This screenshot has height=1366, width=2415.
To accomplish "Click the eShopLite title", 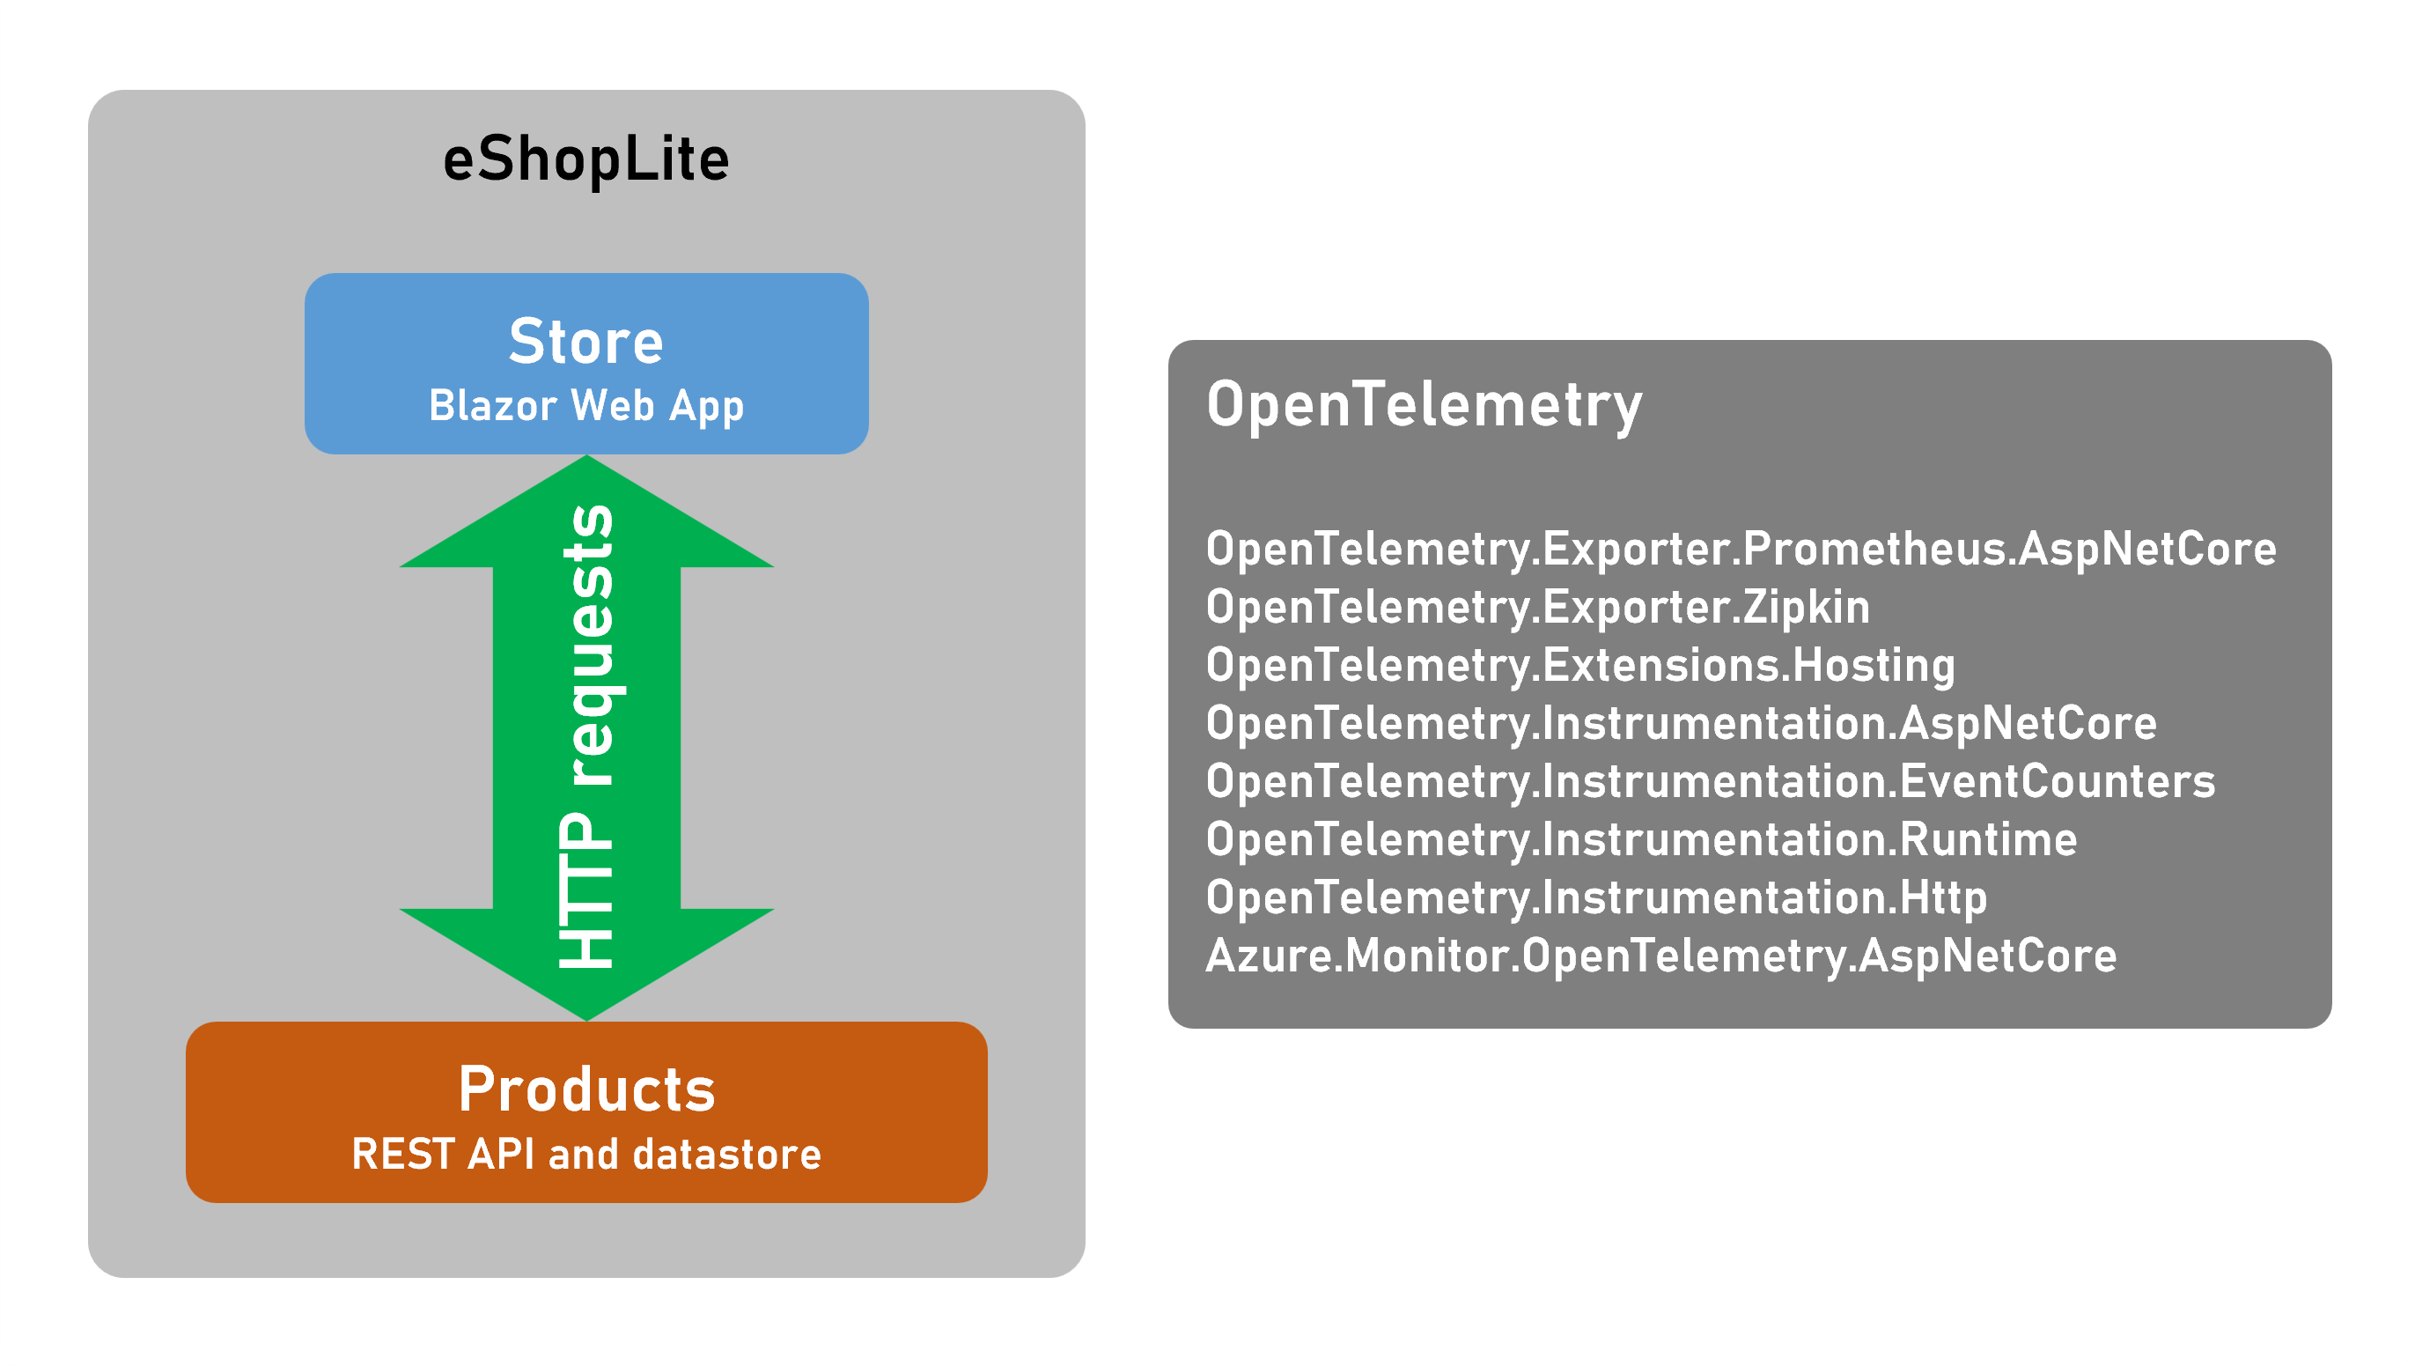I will pos(586,159).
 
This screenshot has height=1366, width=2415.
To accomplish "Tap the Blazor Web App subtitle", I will pos(586,406).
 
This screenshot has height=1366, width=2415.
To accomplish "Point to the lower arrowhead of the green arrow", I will pos(586,966).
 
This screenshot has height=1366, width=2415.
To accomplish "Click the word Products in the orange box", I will pos(586,1089).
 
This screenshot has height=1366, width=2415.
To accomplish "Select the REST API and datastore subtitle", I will pos(586,1154).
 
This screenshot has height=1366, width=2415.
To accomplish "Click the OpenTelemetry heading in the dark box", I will pos(1424,404).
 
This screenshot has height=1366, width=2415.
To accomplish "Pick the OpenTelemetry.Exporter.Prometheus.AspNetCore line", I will pos(1741,549).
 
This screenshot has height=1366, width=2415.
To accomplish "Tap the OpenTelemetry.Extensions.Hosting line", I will pos(1580,665).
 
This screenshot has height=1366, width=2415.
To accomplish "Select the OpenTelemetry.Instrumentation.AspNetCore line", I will pos(1681,723).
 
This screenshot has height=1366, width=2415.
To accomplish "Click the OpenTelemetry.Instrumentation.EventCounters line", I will pos(1710,781).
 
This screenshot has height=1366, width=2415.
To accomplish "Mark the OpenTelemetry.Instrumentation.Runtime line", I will pos(1641,839).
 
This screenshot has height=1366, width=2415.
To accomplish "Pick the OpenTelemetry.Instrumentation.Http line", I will pos(1596,897).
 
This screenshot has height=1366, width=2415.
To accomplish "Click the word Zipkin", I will pos(1807,607).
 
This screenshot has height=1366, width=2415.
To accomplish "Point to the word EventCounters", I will pos(2057,781).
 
